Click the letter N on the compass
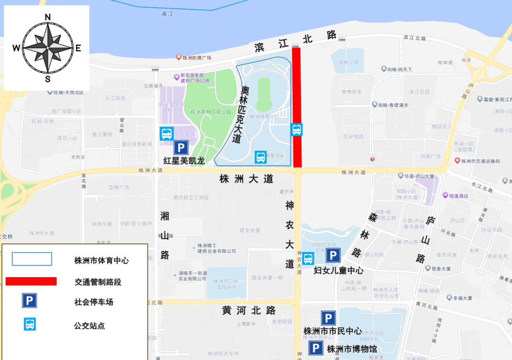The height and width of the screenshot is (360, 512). tap(47, 18)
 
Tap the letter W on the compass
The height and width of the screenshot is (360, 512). tap(16, 48)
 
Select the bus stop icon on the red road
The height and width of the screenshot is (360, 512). tap(297, 129)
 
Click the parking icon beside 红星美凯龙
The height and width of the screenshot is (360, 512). tap(181, 148)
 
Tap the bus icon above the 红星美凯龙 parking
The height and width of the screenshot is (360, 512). tap(166, 134)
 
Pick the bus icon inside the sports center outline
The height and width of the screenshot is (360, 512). tap(260, 157)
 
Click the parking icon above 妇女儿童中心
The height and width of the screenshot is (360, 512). tap(333, 256)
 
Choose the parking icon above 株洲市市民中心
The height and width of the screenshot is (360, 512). tap(329, 318)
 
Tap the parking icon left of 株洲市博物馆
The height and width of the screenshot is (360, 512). tap(316, 349)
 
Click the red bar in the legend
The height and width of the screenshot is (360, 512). tap(31, 281)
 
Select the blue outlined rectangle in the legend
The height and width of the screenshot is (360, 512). tap(32, 259)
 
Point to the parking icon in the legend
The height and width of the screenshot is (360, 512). tap(29, 301)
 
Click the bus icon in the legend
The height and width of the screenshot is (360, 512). tap(30, 324)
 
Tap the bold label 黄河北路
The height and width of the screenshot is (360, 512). tap(249, 311)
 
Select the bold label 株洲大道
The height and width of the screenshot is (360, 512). tap(247, 179)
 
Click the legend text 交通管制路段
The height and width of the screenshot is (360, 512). tap(98, 282)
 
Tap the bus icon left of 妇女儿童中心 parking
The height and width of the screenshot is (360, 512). tap(308, 259)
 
